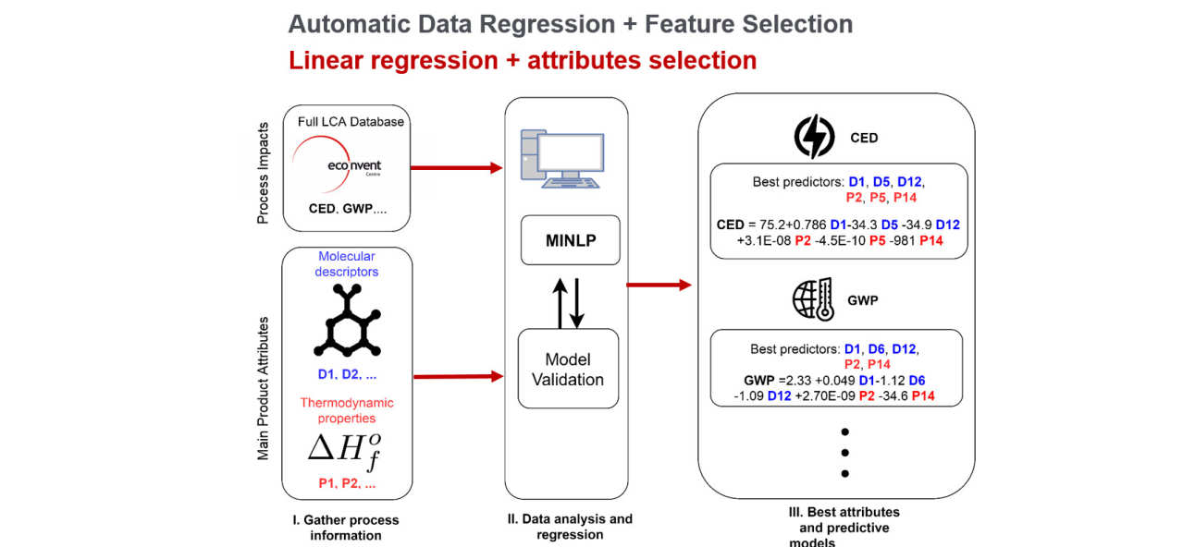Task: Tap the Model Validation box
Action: point(568,369)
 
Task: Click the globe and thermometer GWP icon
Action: point(813,300)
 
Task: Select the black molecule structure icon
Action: point(346,320)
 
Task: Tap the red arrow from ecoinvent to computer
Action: point(455,168)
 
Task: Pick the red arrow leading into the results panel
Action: point(659,285)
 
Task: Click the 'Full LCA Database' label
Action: point(351,122)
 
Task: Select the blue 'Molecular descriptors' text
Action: point(347,263)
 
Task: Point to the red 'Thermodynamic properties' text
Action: point(346,410)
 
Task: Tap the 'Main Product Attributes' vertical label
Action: point(263,388)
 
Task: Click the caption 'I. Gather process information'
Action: point(345,528)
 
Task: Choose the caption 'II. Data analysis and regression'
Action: point(569,527)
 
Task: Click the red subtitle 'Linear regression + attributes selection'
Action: point(523,61)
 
